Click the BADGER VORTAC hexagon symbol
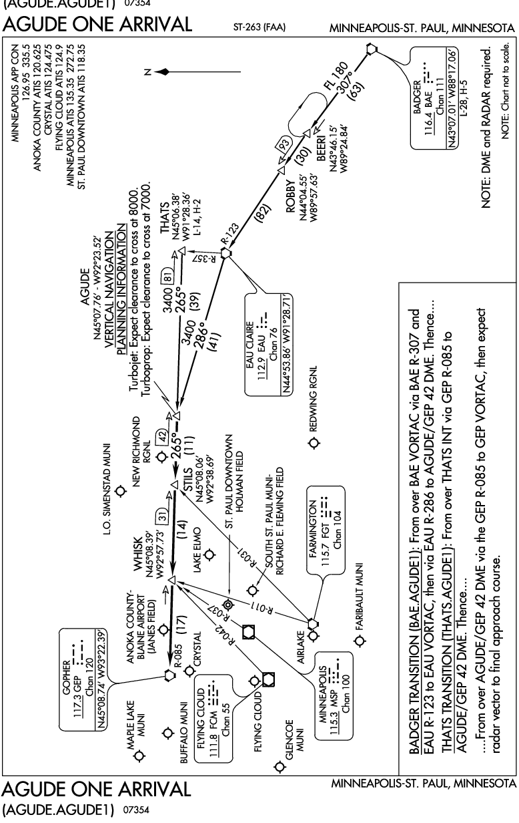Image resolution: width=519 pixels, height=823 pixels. coord(372,49)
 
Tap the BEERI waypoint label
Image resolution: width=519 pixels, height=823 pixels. coord(321,148)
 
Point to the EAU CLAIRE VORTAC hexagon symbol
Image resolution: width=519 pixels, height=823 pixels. coord(226,253)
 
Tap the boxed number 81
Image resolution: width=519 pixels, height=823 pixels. coord(168,279)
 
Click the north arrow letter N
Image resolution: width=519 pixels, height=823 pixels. coord(148,72)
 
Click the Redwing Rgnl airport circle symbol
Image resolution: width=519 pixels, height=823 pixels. coord(314,443)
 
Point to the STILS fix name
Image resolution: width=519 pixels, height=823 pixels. coord(187,479)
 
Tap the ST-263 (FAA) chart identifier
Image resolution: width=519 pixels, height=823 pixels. coord(259,27)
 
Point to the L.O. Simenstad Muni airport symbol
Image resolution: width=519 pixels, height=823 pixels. coord(120,490)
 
